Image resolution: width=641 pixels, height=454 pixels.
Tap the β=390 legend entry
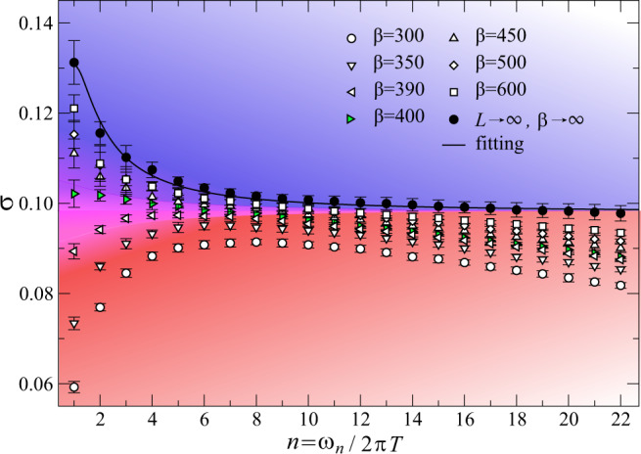pos(376,93)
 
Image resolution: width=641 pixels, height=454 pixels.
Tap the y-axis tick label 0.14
pos(31,23)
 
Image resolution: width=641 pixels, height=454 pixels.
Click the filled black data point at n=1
pos(74,63)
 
